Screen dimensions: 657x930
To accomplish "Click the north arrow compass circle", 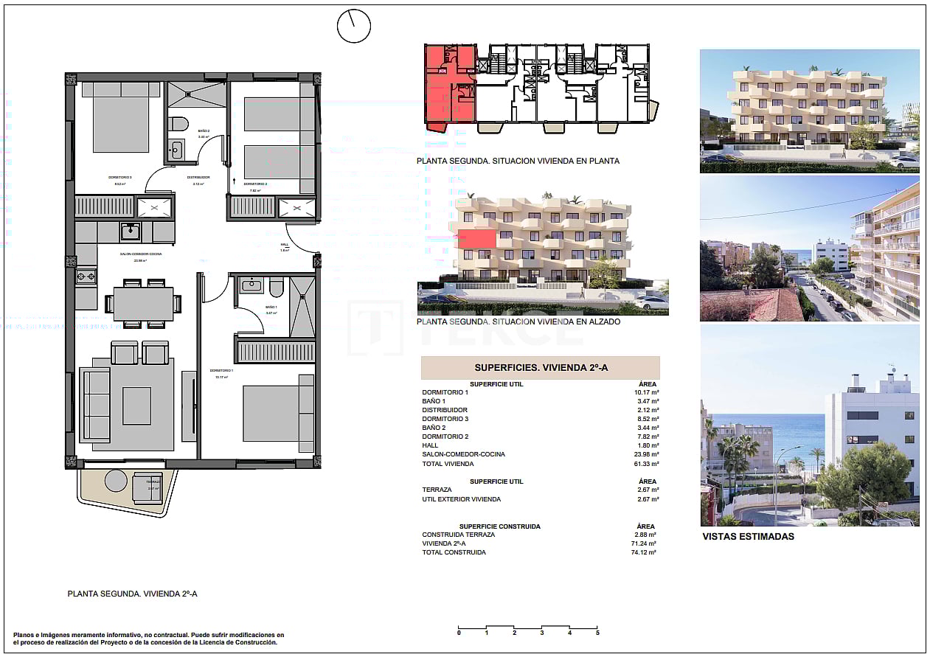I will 353,27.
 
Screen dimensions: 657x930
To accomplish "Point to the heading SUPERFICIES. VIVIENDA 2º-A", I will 540,367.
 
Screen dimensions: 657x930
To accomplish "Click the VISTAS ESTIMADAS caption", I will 749,536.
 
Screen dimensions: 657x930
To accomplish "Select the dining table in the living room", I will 143,303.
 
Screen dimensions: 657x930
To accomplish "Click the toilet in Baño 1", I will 277,287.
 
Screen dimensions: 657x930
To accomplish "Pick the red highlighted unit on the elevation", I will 476,239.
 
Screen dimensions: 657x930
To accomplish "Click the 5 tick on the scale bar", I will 597,632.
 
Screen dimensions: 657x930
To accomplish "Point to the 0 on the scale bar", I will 459,632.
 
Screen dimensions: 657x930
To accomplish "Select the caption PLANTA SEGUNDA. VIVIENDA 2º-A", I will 132,593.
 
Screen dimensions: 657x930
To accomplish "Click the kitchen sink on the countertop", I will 131,232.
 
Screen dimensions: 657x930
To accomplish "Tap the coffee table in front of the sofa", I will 136,406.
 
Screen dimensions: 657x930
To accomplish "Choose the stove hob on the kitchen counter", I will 86,277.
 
